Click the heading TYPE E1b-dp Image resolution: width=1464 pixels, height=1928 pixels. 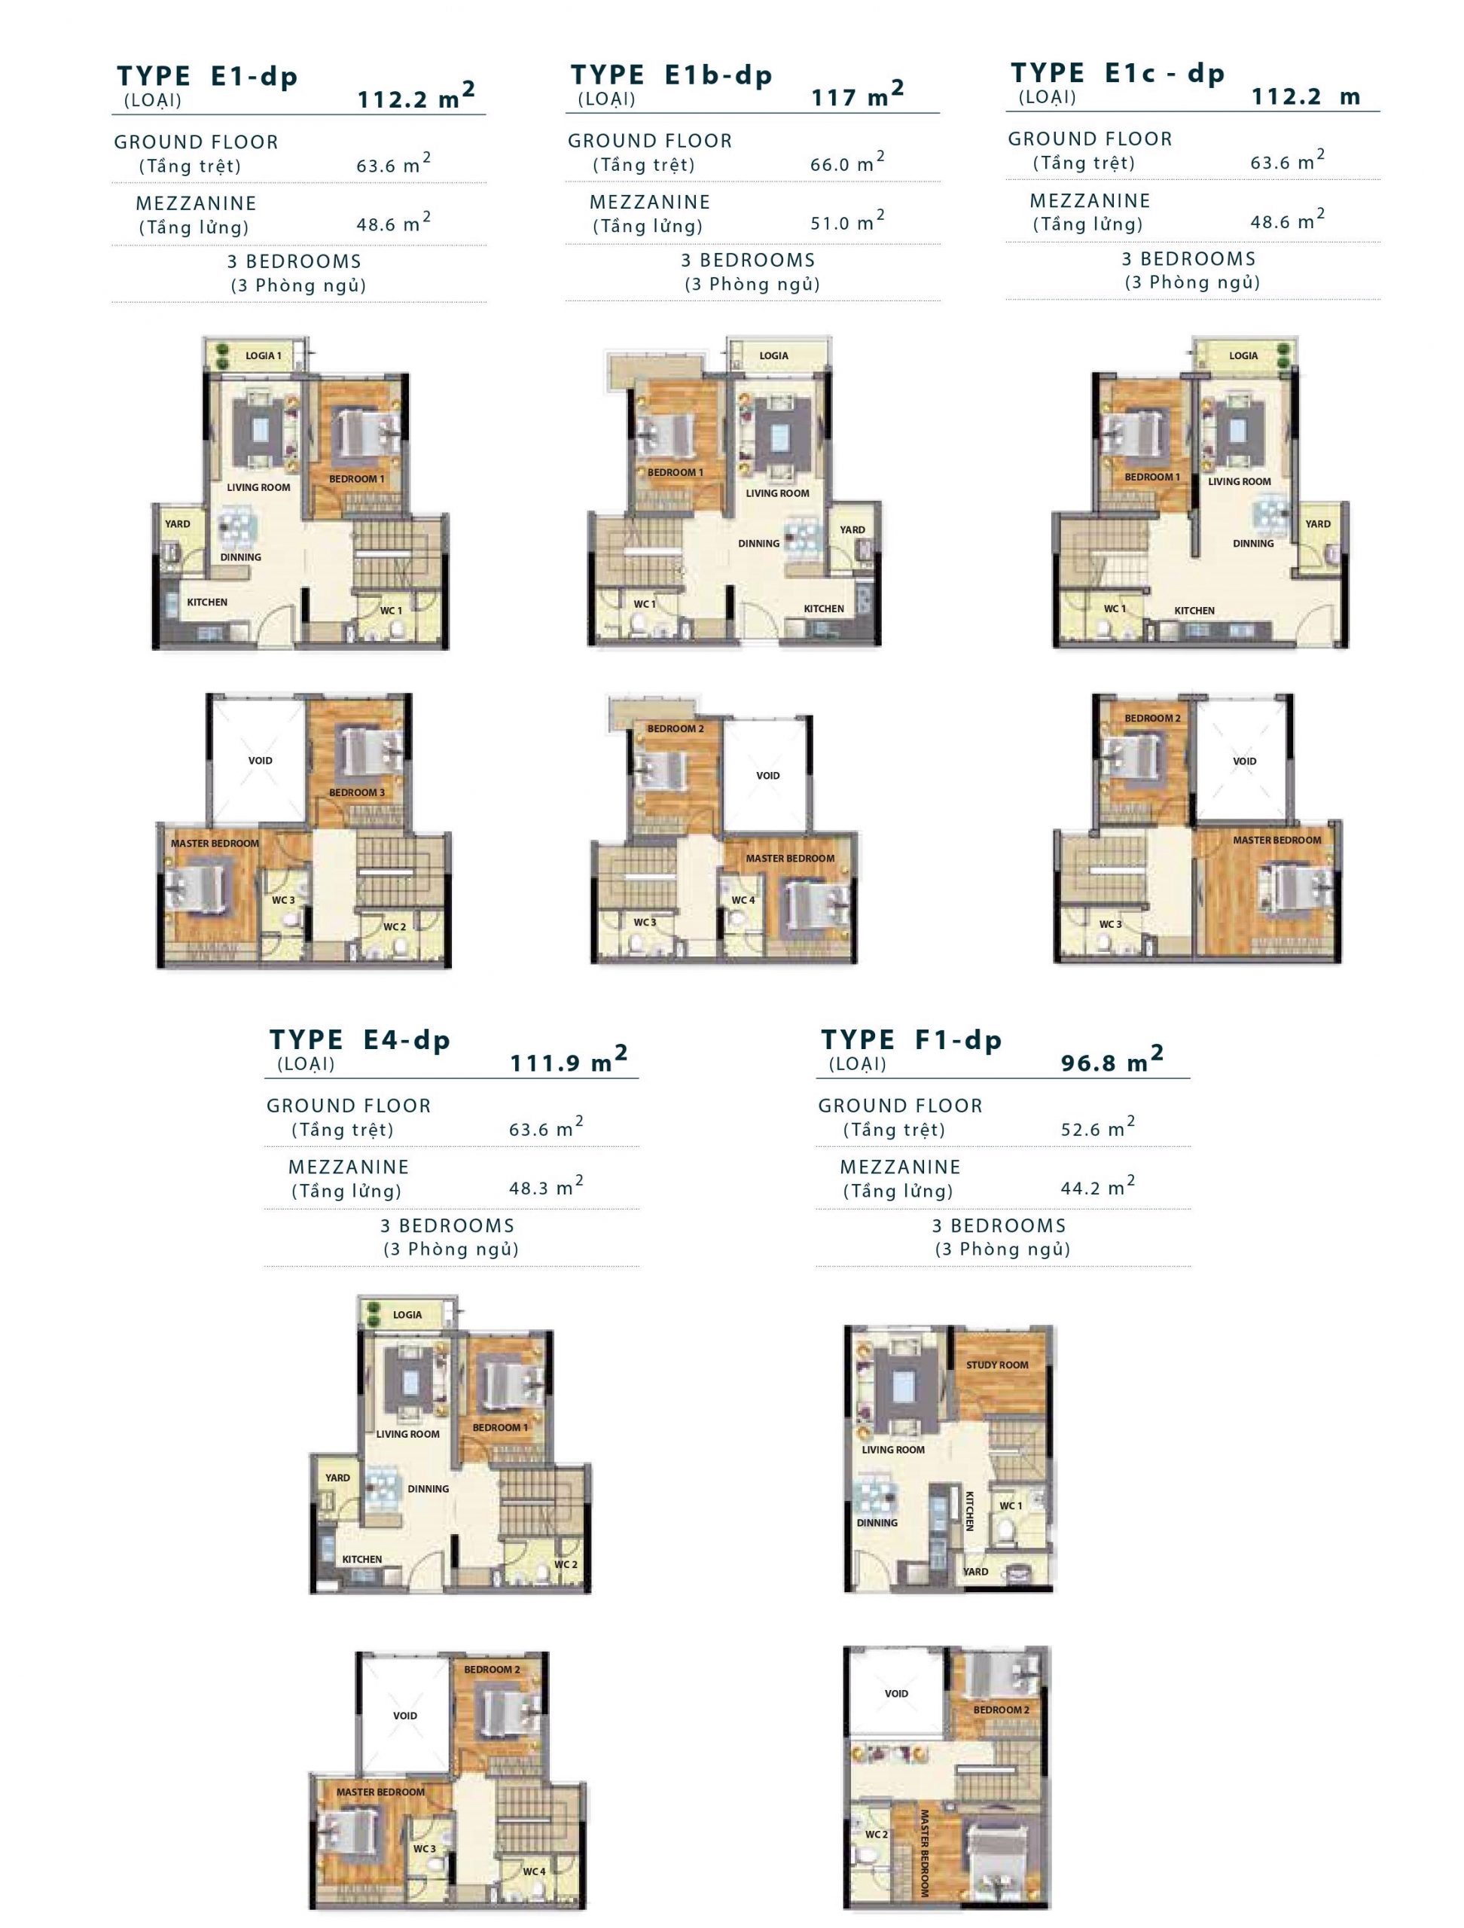tap(671, 76)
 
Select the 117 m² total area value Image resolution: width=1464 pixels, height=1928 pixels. tap(858, 94)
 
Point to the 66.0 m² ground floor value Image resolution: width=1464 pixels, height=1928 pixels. tap(847, 162)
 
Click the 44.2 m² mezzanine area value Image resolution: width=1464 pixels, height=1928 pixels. tap(1097, 1186)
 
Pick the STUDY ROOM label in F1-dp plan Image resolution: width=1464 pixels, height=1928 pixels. tap(997, 1364)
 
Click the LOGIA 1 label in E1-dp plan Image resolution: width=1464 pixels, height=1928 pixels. tap(263, 355)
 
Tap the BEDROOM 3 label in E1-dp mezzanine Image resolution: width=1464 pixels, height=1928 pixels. tap(356, 792)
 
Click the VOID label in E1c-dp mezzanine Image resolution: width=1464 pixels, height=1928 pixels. tap(1244, 761)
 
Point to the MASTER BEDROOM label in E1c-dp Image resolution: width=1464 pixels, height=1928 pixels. tap(1276, 840)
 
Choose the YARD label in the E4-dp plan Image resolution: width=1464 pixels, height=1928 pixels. tap(337, 1478)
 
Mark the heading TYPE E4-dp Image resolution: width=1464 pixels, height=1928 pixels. tap(359, 1041)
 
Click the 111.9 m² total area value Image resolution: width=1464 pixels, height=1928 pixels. tap(568, 1060)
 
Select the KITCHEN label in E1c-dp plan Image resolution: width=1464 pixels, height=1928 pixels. tap(1194, 610)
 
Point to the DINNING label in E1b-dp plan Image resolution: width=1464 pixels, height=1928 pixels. tap(759, 543)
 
